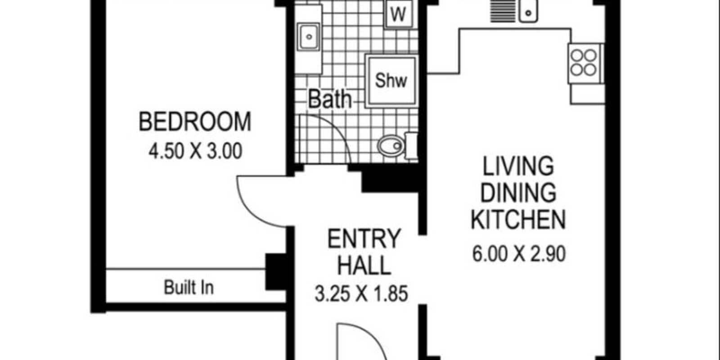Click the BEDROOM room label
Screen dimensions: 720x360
[x=195, y=121]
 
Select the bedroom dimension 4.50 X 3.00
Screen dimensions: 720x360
[x=195, y=151]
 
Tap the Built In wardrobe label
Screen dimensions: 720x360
[x=189, y=288]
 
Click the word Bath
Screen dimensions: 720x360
[x=330, y=99]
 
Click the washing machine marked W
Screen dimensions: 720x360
[x=399, y=14]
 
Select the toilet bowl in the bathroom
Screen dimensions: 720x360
[x=391, y=146]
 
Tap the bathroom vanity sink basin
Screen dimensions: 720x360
[x=309, y=36]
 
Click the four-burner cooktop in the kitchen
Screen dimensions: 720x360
[x=584, y=63]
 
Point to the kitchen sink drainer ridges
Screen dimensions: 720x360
[x=503, y=12]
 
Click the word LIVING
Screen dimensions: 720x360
[x=518, y=166]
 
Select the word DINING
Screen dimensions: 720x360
[x=518, y=193]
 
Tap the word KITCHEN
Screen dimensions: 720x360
[x=518, y=220]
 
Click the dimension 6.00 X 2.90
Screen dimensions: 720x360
[x=519, y=254]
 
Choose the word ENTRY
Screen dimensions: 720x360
[x=364, y=239]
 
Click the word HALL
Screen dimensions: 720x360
[x=364, y=265]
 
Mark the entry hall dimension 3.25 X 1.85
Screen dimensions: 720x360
[x=361, y=293]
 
